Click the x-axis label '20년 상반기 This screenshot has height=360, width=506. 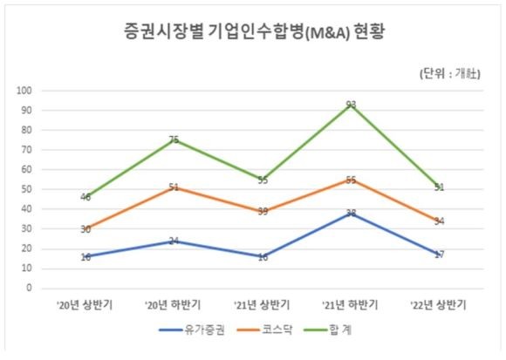85,305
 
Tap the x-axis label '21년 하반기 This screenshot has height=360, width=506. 350,305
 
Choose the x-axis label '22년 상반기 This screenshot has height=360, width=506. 439,305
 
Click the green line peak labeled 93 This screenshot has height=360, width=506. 351,105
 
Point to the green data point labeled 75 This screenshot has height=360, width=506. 174,139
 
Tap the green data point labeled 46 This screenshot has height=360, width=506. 85,197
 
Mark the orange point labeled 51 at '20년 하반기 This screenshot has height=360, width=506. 174,187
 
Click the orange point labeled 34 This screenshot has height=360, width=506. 439,221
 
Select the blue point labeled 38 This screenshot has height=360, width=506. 351,213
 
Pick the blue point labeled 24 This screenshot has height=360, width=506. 174,241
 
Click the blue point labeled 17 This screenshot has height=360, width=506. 439,255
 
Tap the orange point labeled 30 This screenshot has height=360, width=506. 85,228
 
